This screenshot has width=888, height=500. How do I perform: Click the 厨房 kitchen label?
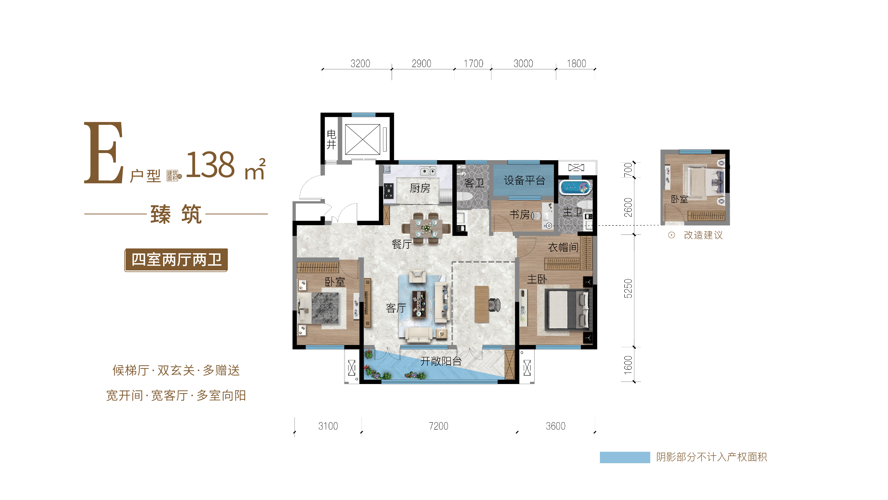[x=420, y=188]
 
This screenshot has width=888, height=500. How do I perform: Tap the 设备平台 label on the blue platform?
[x=524, y=180]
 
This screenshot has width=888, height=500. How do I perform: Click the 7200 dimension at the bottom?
[x=439, y=426]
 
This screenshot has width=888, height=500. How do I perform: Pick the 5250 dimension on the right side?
[x=628, y=289]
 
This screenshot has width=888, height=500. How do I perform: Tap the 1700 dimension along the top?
[x=473, y=64]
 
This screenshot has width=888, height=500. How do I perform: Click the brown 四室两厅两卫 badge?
[x=176, y=260]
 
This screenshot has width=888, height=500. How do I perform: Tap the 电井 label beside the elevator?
[x=331, y=139]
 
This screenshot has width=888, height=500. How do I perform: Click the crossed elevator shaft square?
[x=363, y=139]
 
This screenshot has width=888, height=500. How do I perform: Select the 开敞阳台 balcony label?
[x=441, y=361]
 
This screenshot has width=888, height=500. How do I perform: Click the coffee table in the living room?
[x=419, y=304]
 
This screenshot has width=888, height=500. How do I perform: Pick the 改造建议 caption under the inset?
[x=703, y=235]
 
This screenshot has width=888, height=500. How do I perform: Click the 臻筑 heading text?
[x=176, y=214]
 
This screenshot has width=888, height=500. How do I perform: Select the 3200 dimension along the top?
[x=360, y=64]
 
